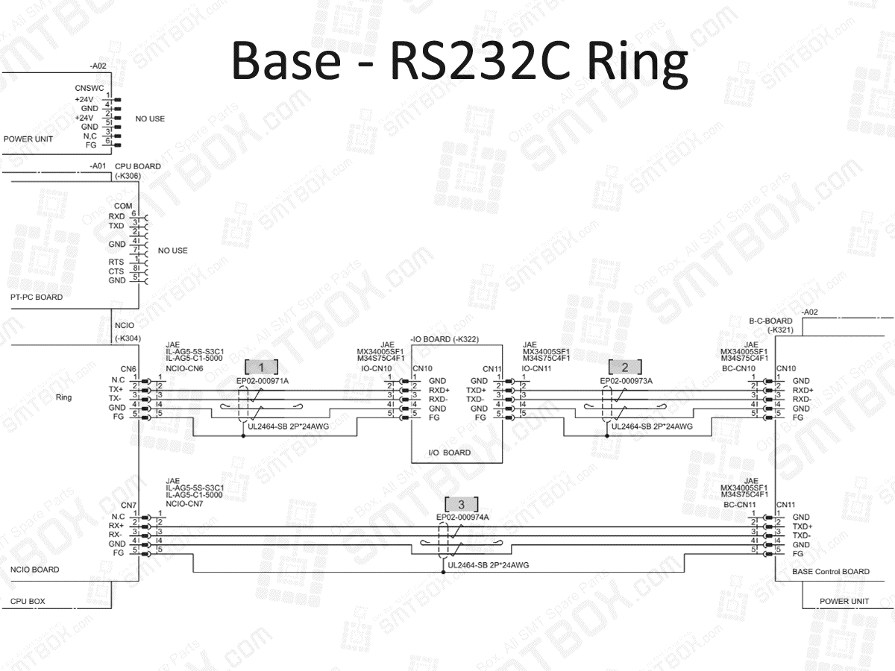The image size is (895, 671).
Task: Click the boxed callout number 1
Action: point(261,367)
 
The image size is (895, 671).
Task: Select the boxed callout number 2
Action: point(625,367)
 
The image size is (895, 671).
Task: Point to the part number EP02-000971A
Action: point(263,381)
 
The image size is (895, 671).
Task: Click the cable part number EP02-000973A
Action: point(626,381)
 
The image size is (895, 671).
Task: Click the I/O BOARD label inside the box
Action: point(449,453)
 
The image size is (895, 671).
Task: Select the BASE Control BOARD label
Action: point(831,572)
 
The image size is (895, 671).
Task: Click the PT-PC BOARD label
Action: point(37,297)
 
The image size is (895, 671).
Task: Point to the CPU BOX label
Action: point(28,601)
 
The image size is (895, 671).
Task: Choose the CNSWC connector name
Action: point(89,88)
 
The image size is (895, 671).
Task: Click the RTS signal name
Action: point(116,262)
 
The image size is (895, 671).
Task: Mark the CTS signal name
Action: point(116,271)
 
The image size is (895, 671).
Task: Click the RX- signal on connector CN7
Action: point(116,535)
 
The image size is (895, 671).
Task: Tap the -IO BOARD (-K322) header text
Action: point(445,340)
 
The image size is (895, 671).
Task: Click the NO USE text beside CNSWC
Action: point(150,119)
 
